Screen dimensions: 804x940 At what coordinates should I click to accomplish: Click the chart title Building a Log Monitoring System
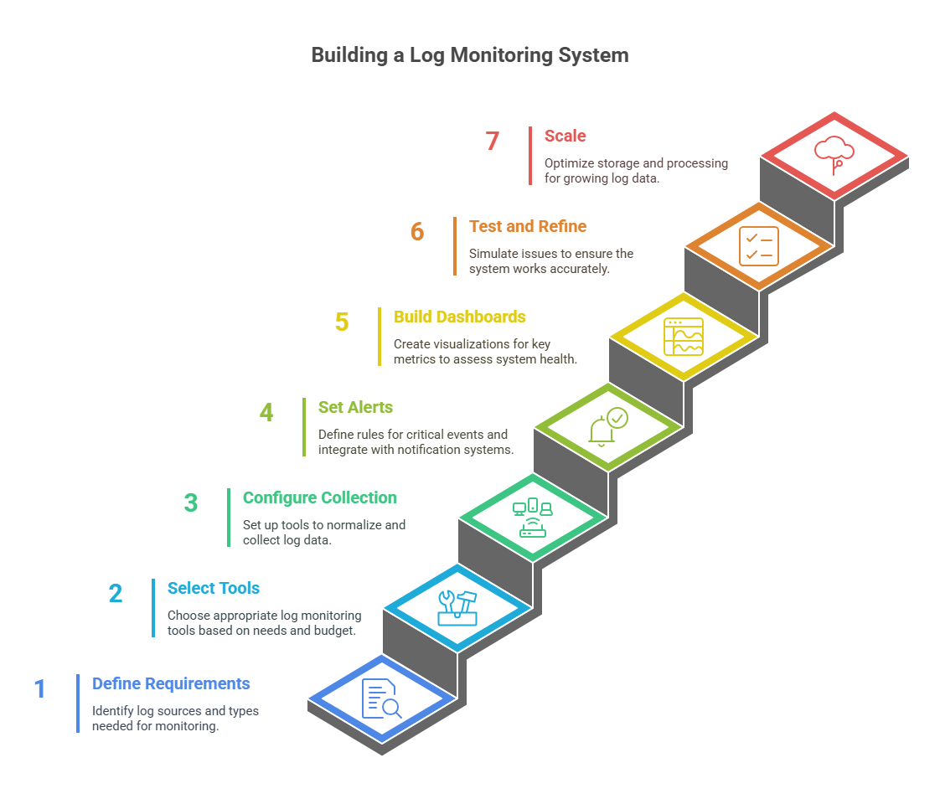469,55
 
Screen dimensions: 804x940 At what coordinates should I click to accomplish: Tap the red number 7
493,142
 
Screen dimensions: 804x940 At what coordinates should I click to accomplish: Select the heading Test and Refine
527,226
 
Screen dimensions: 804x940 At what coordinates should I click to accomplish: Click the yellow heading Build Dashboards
459,317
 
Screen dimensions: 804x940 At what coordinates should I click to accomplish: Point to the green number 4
266,413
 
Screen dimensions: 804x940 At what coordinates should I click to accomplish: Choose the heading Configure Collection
319,497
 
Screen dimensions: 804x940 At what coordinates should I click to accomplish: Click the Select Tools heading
213,588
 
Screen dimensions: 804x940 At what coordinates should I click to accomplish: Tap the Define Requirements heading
171,683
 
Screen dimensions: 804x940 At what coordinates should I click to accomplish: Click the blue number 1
40,689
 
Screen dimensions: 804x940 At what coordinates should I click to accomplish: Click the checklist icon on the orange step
759,246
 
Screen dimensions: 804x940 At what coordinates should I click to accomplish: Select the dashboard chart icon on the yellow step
684,337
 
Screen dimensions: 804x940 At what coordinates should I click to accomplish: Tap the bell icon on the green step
607,427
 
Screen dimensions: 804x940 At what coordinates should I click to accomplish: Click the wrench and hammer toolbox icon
457,608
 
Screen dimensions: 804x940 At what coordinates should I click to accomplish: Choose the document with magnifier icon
381,698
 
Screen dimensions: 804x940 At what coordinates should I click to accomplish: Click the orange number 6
417,232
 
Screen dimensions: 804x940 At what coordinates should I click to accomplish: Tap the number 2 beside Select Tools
116,594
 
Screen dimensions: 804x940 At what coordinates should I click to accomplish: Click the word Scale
565,136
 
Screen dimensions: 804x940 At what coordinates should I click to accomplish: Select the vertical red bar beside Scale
530,155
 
